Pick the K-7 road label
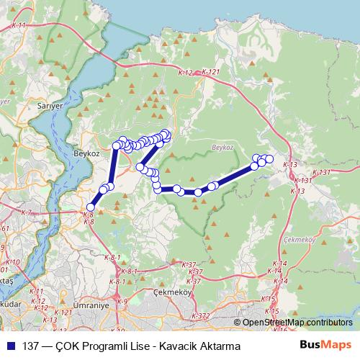27,212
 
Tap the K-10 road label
13,263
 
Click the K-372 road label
201,316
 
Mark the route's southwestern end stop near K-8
90,207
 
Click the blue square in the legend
10,346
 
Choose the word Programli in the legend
109,346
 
